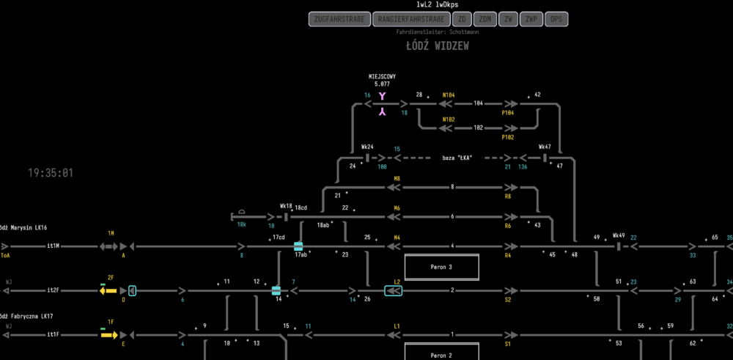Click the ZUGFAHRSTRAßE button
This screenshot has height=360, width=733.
[x=339, y=20]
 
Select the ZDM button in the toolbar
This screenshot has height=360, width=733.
[x=484, y=20]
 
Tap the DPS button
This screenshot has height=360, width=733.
[x=556, y=20]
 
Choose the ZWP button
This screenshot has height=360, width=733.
[x=531, y=20]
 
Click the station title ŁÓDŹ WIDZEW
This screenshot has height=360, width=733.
[x=438, y=46]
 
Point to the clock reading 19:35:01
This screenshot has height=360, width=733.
[x=51, y=173]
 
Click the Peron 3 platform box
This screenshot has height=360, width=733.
[x=441, y=267]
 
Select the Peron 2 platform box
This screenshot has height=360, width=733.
[x=441, y=355]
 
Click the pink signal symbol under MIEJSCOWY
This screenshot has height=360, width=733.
[x=382, y=104]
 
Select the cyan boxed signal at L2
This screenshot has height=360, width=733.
[x=393, y=290]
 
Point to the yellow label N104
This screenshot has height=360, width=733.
[x=449, y=95]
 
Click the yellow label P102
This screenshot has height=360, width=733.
[x=507, y=137]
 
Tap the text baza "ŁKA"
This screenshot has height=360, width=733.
[x=457, y=158]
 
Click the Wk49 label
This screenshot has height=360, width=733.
[x=619, y=236]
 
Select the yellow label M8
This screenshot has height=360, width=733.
[x=397, y=178]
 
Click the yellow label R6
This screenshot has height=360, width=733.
[x=507, y=226]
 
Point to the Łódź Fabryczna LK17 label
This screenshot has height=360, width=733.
[x=26, y=316]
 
